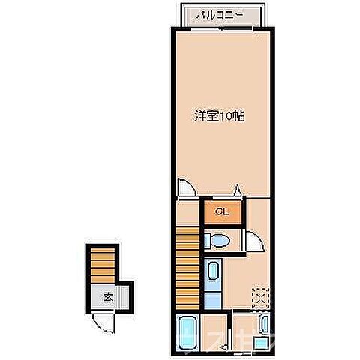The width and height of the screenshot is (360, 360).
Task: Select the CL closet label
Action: [x=221, y=212]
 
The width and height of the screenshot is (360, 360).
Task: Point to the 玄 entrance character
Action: [x=107, y=296]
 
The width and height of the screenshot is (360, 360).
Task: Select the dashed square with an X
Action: [x=260, y=296]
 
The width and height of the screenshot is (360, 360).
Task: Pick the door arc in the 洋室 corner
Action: [x=184, y=187]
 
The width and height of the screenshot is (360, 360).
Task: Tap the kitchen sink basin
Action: [x=212, y=272]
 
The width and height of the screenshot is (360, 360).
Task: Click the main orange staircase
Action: [x=189, y=266]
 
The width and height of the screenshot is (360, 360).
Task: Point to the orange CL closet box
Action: [x=221, y=212]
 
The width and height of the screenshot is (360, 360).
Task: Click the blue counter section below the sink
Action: [x=212, y=298]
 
